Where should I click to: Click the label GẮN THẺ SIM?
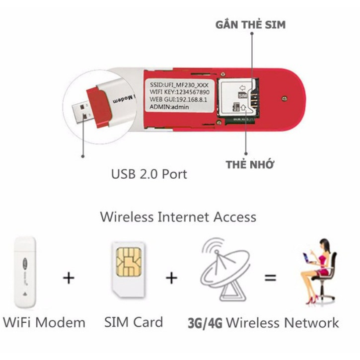(250, 24)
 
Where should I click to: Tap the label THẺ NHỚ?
(250, 165)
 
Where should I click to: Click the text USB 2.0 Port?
(149, 174)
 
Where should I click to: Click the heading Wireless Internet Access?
(178, 217)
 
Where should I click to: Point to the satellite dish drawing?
(224, 271)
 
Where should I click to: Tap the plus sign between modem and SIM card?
(69, 278)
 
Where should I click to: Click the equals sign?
(270, 278)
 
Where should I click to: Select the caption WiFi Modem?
(44, 322)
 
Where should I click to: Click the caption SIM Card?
(134, 322)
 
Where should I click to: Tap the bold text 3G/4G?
(206, 323)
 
